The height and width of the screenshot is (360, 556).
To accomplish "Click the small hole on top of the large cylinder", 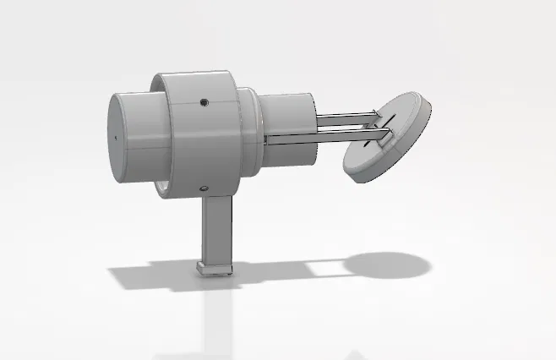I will [204, 103].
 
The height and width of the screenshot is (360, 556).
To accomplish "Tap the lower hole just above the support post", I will [202, 188].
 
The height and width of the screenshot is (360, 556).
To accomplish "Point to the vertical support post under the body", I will [215, 228].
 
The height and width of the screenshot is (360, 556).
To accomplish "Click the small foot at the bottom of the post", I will [215, 269].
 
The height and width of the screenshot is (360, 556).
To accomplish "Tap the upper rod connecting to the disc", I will [346, 116].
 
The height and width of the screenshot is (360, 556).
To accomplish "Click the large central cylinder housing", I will [203, 139].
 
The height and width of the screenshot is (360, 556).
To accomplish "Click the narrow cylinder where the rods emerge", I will [287, 127].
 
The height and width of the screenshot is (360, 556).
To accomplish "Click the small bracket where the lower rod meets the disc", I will [383, 138].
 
